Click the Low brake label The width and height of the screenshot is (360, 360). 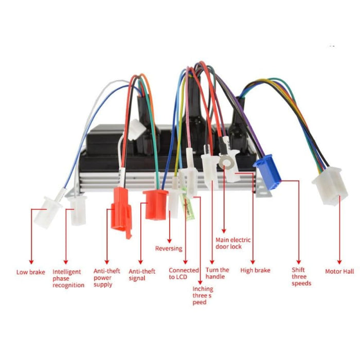(30, 272)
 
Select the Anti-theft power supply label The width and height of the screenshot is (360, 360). (106, 278)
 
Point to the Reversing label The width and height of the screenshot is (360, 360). (169, 248)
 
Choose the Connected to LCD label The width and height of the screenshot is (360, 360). (184, 274)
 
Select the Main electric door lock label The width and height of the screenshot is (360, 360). (233, 243)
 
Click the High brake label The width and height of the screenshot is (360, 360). (255, 271)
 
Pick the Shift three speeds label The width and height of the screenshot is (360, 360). (301, 277)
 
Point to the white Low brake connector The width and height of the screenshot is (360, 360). (47, 212)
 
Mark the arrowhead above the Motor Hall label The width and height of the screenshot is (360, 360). (339, 261)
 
